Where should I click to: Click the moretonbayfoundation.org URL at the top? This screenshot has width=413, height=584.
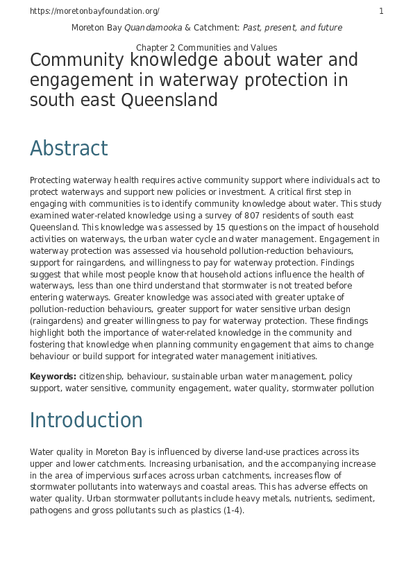94,11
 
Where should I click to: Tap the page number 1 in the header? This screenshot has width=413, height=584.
381,11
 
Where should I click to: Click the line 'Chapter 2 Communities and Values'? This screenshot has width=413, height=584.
207,48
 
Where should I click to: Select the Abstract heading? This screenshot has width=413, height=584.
69,148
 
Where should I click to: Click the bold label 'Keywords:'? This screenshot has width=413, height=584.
53,377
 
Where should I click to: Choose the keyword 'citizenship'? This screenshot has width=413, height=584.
101,377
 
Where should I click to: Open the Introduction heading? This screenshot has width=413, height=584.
86,420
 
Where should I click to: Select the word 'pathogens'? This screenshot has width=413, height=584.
51,510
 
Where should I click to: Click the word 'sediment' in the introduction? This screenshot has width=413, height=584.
356,499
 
